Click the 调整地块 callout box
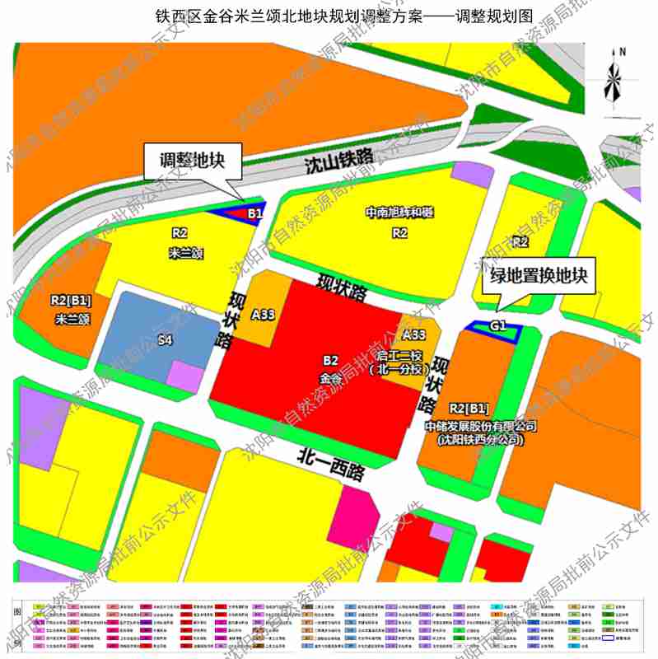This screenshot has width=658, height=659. (x=196, y=161)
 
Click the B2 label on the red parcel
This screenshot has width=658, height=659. (x=331, y=360)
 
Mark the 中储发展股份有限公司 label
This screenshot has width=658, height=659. (x=482, y=427)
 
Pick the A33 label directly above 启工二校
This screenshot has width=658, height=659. (x=413, y=334)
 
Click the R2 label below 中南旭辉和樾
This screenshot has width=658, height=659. (x=399, y=233)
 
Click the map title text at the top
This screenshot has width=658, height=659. (x=329, y=16)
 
